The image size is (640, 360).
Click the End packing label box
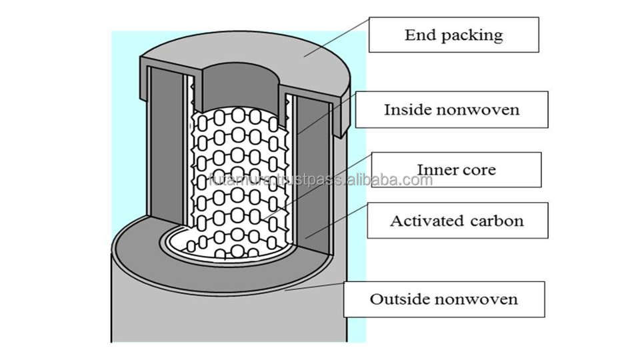tap(454, 35)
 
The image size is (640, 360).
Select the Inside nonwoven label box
tap(451, 109)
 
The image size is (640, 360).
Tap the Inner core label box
tap(456, 169)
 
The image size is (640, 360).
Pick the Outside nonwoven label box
tap(443, 299)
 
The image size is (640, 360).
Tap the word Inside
tap(405, 109)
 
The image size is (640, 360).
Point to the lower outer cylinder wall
tap(220, 313)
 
